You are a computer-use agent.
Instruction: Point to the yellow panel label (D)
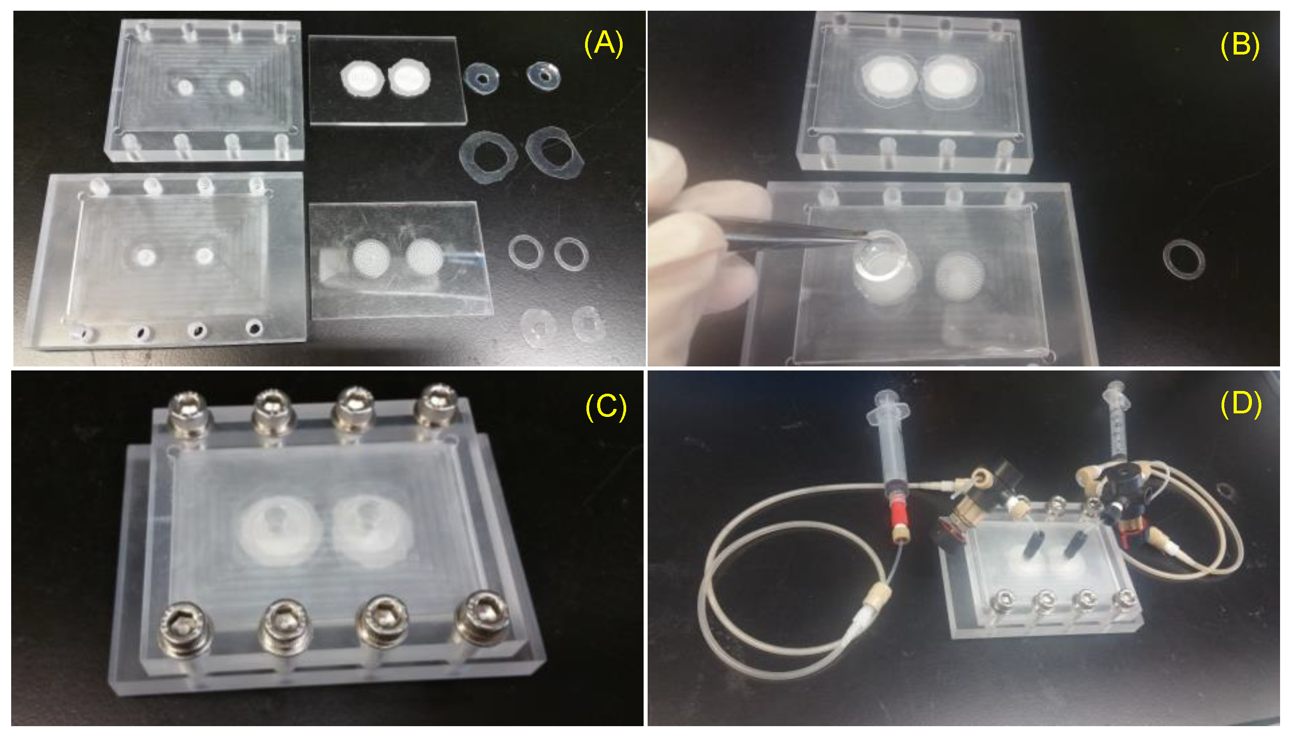1240,404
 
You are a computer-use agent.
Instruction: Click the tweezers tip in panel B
866,234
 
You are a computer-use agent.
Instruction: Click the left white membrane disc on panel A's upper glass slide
362,79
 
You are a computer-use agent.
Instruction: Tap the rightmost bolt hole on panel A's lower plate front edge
255,326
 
